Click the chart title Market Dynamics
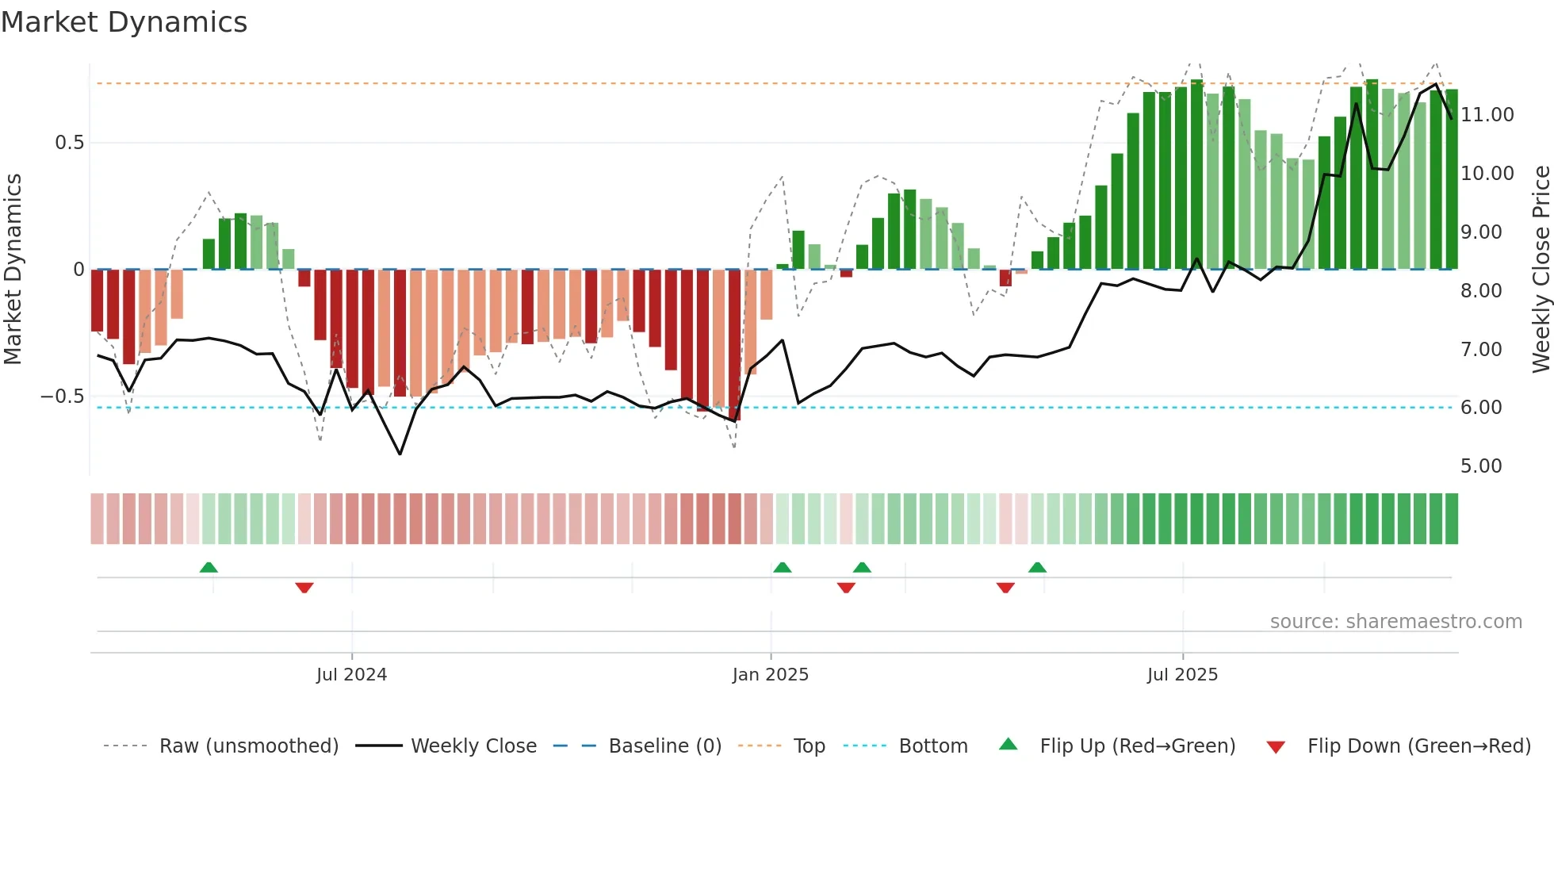[x=124, y=22]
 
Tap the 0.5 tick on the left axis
[x=69, y=143]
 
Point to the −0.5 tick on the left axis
[x=63, y=397]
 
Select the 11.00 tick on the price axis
[x=1487, y=115]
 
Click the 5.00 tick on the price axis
[x=1481, y=466]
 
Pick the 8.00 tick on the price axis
[x=1481, y=291]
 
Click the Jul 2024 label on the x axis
[x=351, y=675]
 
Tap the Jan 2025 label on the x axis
[x=770, y=675]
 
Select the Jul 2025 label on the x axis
[x=1182, y=675]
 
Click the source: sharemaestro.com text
[x=1395, y=622]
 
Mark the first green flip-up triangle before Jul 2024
[x=209, y=567]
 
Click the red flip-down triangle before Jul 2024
[x=304, y=588]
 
